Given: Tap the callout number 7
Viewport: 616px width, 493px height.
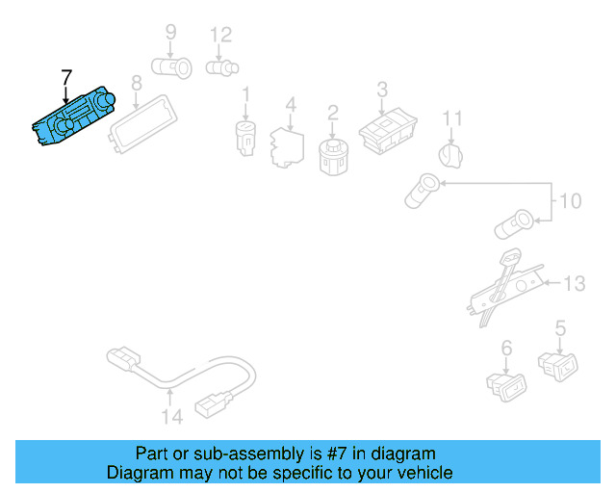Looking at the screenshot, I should [65, 76].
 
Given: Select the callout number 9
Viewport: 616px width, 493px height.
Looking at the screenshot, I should [170, 33].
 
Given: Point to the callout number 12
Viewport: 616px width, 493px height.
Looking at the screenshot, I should [220, 35].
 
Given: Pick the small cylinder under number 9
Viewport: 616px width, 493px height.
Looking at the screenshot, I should [173, 67].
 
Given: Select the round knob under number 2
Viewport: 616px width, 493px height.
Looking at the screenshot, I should [332, 153].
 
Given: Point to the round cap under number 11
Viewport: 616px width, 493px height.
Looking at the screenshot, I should [451, 154].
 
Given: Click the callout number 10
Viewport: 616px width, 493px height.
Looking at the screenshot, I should [571, 202].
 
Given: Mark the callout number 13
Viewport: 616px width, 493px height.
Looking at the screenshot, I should [574, 283].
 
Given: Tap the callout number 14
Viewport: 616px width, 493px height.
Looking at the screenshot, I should [171, 417].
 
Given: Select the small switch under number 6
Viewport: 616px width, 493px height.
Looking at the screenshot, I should [506, 384].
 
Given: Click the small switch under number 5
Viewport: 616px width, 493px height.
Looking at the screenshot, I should [558, 365].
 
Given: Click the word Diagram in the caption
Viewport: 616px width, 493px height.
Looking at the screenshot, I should [137, 473].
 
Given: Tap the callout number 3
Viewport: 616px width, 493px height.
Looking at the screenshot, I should [382, 90].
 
